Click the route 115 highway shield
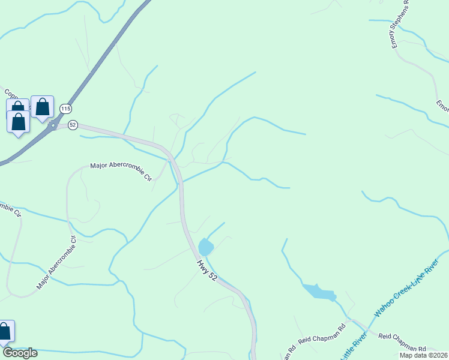pos(65,109)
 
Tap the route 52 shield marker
pos(73,125)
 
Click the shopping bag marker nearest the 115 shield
pos(43,107)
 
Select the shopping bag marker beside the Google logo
pos(4,331)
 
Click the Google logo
pos(20,353)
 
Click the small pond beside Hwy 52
pos(206,247)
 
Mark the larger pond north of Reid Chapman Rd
pos(319,292)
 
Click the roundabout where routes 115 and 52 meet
pos(53,125)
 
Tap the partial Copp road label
pos(11,94)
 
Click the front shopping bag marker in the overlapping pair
pos(19,122)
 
